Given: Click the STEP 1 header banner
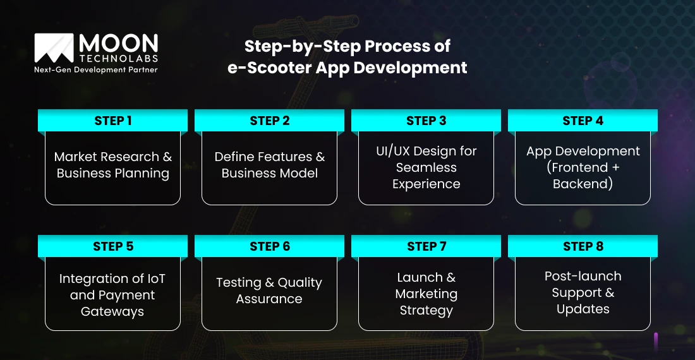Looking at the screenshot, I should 112,121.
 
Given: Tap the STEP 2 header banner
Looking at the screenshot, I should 269,121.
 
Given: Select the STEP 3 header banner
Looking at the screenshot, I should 426,121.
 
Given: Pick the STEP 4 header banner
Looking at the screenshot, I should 583,121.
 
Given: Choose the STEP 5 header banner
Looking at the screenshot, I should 112,246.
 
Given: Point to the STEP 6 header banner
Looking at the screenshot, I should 269,246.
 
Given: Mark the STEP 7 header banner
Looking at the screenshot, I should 426,246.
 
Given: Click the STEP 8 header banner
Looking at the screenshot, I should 583,246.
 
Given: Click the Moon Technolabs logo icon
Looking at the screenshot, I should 54,48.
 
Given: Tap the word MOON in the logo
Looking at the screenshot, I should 118,43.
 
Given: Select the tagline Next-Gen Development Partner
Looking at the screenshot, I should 95,69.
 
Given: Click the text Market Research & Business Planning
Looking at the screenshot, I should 112,165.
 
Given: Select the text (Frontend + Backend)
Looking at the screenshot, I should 583,176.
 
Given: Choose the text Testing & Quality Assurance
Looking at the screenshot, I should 269,291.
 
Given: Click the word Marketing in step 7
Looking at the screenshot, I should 426,294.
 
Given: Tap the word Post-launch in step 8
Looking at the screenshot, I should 583,276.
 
